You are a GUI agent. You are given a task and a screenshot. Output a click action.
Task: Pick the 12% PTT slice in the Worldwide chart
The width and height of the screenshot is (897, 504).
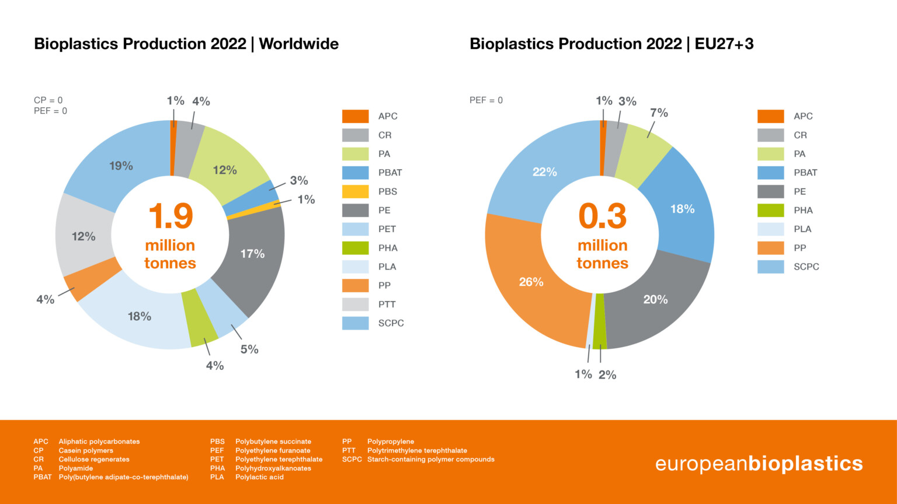coord(84,237)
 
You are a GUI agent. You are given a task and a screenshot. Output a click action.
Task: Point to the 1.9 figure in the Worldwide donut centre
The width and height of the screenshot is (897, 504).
coord(170,216)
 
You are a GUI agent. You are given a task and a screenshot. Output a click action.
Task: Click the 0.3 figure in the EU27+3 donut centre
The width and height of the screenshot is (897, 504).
coord(602,216)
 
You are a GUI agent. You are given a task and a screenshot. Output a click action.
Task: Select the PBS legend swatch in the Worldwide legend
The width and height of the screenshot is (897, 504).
coord(355,191)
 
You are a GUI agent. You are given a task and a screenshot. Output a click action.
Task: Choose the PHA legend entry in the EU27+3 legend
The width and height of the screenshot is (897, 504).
coord(803,211)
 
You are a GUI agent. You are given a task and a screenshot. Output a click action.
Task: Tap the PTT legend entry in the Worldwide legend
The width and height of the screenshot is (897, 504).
coord(387,304)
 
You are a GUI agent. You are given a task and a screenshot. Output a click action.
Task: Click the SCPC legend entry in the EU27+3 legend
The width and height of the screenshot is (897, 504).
coord(806,267)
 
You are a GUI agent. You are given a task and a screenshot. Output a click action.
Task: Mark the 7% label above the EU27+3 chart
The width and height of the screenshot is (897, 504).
coord(659,113)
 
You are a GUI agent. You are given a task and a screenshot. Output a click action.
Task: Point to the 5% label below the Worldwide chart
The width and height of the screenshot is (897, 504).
coord(249,349)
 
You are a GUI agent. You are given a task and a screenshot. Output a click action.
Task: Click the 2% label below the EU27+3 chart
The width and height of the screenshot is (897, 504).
coord(607,375)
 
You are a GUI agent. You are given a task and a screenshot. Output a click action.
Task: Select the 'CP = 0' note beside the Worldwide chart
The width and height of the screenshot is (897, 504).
coord(48,100)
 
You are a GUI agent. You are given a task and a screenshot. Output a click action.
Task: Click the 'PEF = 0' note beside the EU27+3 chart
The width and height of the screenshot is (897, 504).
coord(486,100)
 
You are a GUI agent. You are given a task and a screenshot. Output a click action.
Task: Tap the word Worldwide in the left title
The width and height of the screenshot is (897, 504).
coord(298,44)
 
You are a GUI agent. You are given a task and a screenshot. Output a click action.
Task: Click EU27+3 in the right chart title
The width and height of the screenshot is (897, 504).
coord(724,44)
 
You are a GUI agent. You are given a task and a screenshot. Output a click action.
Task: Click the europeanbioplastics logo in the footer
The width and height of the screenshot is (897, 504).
coord(759,464)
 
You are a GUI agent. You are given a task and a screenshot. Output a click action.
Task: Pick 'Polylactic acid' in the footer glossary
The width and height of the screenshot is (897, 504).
coord(259,477)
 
